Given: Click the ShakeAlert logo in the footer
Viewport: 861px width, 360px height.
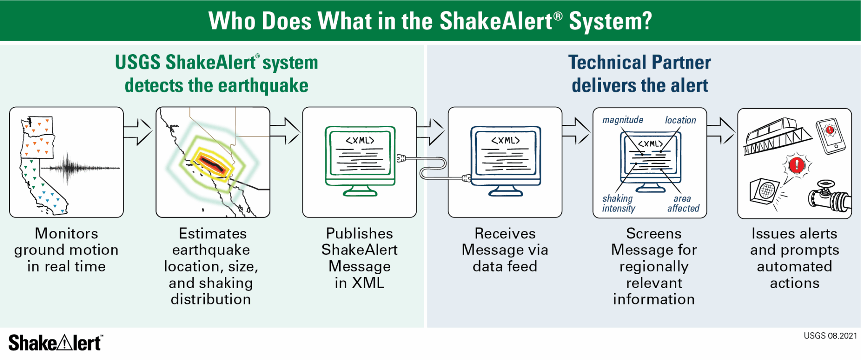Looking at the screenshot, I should tap(55, 343).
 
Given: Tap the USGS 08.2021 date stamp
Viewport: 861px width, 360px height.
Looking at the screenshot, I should tap(830, 336).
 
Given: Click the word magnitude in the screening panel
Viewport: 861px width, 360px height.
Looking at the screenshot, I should tap(623, 120).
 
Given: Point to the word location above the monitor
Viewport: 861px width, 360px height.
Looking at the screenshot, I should tap(680, 120).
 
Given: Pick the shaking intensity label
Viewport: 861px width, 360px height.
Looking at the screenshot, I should tap(618, 203).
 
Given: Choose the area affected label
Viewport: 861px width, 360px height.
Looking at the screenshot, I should tap(683, 203).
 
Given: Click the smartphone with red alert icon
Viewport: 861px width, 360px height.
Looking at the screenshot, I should tap(830, 136).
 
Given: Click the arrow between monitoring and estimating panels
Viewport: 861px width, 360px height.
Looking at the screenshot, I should tap(138, 132).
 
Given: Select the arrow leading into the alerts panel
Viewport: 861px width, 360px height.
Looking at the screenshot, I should tap(721, 131).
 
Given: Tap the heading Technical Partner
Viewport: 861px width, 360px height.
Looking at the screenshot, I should tap(639, 62).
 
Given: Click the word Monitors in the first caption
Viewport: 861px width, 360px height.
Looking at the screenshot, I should tap(66, 233).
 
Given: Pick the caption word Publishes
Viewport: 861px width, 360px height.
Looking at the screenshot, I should tap(359, 233).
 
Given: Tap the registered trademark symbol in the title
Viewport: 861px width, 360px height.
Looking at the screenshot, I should tap(557, 16).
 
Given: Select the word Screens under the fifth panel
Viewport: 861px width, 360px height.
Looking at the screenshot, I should tap(654, 233).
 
